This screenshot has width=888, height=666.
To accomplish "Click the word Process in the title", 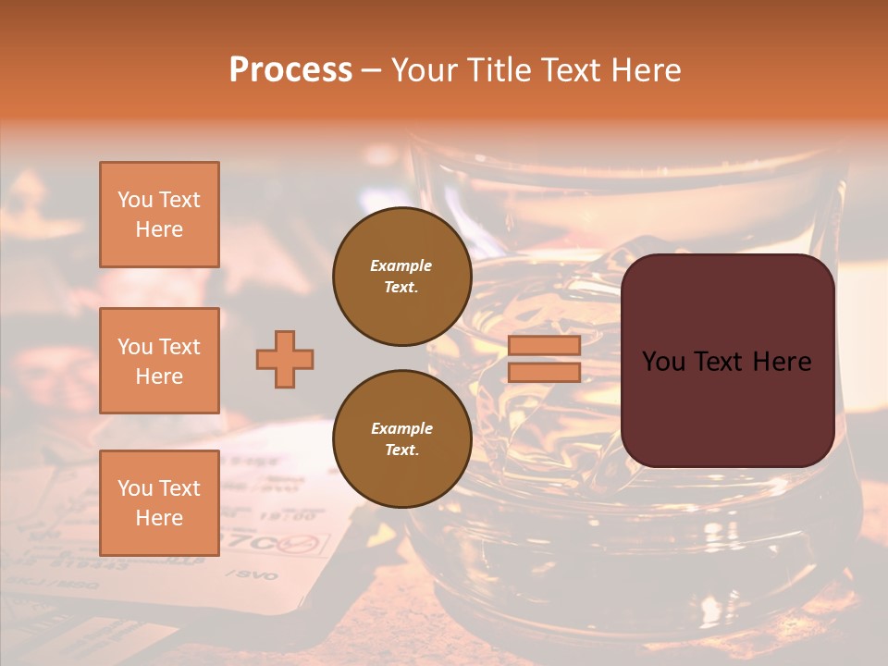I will tap(290, 70).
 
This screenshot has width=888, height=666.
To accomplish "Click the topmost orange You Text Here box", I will tap(159, 215).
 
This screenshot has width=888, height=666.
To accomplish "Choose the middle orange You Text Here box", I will tap(159, 361).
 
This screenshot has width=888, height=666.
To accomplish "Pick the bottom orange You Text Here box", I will tap(159, 502).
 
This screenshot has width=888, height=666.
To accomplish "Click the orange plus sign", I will tap(285, 359).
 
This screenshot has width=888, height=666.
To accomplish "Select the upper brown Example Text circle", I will tap(401, 277).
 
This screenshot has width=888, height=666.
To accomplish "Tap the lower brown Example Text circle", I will tap(401, 439).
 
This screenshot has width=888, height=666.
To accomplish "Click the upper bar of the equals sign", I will tap(544, 345).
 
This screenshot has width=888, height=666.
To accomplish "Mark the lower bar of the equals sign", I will tap(544, 372).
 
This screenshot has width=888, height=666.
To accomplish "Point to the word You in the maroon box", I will tap(662, 362).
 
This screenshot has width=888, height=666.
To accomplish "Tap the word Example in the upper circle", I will tap(401, 265).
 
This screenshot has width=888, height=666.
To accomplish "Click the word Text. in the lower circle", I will tap(401, 450).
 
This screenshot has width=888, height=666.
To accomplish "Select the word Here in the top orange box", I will tap(159, 229).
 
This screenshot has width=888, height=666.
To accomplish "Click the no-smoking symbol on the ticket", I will tap(302, 543).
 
